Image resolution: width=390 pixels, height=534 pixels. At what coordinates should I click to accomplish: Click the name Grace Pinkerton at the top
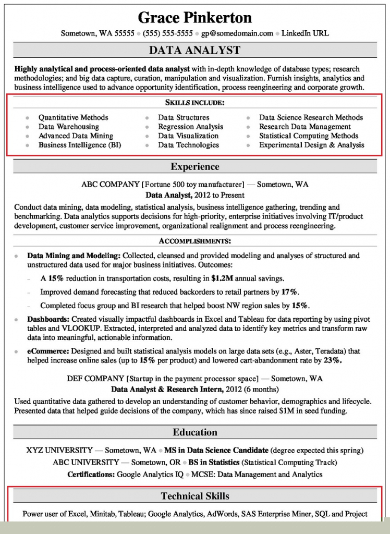click(x=194, y=17)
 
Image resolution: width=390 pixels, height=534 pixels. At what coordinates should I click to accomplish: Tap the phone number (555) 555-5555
click(x=168, y=33)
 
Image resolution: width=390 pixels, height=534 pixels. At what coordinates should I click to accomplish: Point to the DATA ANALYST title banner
click(x=194, y=50)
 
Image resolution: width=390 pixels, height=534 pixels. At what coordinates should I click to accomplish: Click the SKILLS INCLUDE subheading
click(x=194, y=103)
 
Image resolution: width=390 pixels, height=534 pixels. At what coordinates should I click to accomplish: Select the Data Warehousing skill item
click(x=68, y=127)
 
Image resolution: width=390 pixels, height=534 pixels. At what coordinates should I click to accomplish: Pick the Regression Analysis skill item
click(x=190, y=127)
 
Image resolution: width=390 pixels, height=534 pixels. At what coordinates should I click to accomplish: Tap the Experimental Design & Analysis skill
click(x=311, y=145)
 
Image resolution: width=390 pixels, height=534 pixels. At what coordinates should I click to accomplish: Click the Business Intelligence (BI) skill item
click(x=79, y=145)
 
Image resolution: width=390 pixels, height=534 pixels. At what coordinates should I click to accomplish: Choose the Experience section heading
click(x=194, y=167)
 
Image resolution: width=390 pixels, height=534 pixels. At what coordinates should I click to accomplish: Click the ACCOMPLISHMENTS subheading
click(x=194, y=241)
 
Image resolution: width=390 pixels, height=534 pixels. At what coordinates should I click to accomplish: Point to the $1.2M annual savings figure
click(x=223, y=278)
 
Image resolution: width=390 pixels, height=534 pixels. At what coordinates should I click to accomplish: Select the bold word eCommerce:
click(x=47, y=351)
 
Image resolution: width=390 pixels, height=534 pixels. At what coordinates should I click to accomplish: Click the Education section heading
click(x=194, y=432)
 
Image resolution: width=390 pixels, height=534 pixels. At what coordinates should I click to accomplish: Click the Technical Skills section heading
click(x=194, y=496)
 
